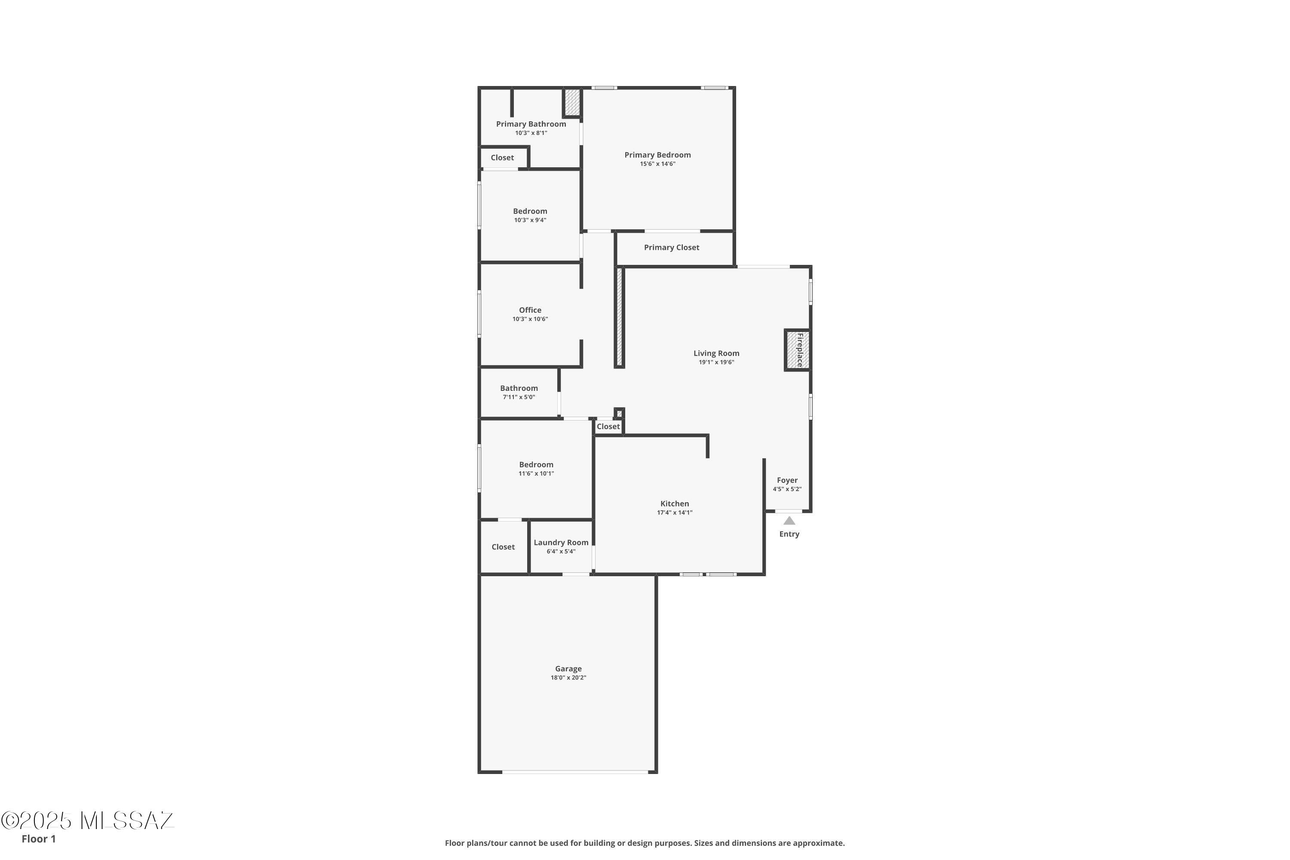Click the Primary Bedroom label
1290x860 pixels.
(657, 155)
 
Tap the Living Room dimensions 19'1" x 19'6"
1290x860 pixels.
(716, 362)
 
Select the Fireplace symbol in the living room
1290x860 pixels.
(797, 350)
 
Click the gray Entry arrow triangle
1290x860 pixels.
(789, 520)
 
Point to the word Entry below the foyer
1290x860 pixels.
(789, 534)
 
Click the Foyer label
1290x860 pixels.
(787, 480)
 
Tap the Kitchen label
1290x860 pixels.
(674, 504)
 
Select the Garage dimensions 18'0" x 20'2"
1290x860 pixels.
(568, 677)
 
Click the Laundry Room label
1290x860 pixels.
(561, 542)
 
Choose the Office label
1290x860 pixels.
(530, 310)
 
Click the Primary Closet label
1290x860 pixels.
(671, 247)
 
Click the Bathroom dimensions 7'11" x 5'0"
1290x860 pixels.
(518, 397)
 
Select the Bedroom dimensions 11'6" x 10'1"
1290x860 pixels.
(536, 473)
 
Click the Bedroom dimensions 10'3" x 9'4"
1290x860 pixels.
(530, 220)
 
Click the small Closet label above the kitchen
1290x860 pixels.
(608, 426)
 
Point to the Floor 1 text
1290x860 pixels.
(38, 838)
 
